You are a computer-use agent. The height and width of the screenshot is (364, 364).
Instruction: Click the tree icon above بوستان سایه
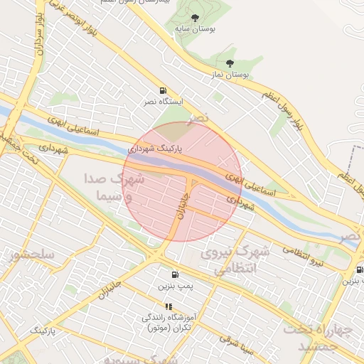click(x=197, y=18)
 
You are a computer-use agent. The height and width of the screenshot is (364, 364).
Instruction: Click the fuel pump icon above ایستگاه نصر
click(x=164, y=91)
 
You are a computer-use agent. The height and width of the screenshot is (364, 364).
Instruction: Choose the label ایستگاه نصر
click(x=163, y=102)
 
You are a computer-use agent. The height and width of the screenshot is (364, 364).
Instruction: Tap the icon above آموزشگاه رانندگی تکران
click(x=168, y=306)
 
